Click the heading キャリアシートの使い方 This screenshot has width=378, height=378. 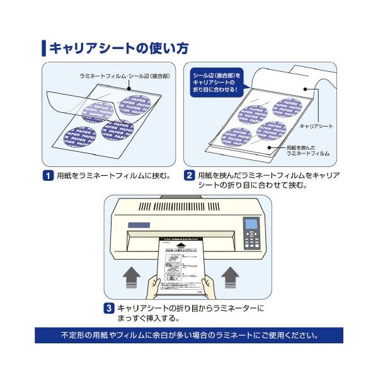pyautogui.click(x=118, y=48)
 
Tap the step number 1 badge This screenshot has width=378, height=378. pyautogui.click(x=47, y=175)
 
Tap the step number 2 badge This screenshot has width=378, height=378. pyautogui.click(x=188, y=175)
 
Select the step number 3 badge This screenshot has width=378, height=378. pyautogui.click(x=109, y=309)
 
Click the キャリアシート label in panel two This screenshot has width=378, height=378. pyautogui.click(x=316, y=127)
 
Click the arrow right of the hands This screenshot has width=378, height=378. pyautogui.click(x=231, y=277)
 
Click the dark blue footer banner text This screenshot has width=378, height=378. pyautogui.click(x=189, y=335)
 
